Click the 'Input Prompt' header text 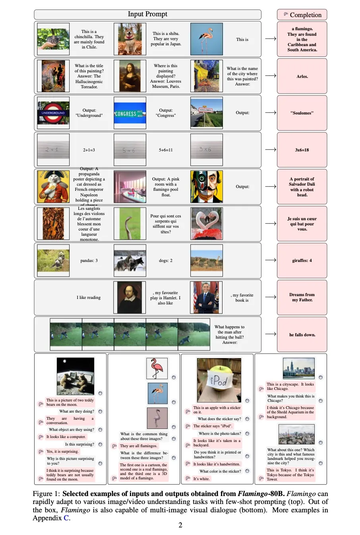click(147, 14)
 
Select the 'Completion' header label click(306, 15)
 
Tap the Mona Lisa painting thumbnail click(130, 76)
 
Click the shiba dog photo click(130, 39)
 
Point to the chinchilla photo click(53, 39)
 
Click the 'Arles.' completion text click(302, 76)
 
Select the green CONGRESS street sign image click(130, 113)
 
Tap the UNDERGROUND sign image click(53, 113)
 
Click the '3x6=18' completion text click(302, 150)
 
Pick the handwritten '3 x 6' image click(206, 150)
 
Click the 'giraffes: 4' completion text click(302, 261)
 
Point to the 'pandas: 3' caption click(89, 261)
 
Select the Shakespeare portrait click(130, 297)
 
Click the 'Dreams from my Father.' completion click(302, 297)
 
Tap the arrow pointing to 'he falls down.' click(271, 334)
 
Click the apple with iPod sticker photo click(219, 380)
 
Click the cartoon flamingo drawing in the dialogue click(157, 368)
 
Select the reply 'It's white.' click(201, 479)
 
